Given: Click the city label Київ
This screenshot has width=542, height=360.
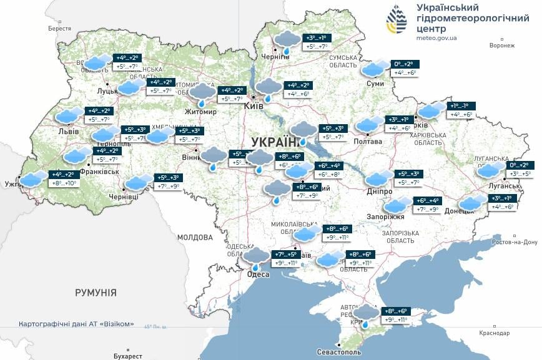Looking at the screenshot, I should coord(254,107).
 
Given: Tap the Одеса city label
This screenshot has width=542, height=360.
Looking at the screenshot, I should coord(258,275).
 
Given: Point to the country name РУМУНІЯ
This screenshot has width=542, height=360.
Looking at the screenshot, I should coord(96,292).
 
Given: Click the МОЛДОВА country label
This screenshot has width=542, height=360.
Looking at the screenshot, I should coord(195,237).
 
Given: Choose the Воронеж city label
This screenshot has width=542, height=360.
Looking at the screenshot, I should coord(502,46).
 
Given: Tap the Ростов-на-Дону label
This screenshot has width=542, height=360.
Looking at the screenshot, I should coord(515,242).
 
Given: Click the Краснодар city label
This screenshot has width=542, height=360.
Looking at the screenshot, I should coord(495,333).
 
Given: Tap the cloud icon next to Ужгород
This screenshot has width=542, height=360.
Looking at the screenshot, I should coord(32,179).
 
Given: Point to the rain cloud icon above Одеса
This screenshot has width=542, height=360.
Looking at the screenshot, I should coord(256,256).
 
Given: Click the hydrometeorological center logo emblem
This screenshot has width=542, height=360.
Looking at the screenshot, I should coord(395,21).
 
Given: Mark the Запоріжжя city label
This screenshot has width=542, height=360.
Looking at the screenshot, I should coord(390,216).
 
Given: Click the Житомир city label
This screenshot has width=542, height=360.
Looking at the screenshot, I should coord(200,112).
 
